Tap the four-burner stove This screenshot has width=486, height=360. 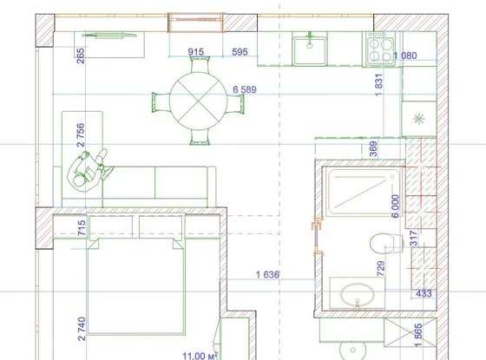pyautogui.click(x=380, y=49)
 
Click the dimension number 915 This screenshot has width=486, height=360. pyautogui.click(x=196, y=52)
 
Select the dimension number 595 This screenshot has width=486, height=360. pyautogui.click(x=240, y=52)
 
